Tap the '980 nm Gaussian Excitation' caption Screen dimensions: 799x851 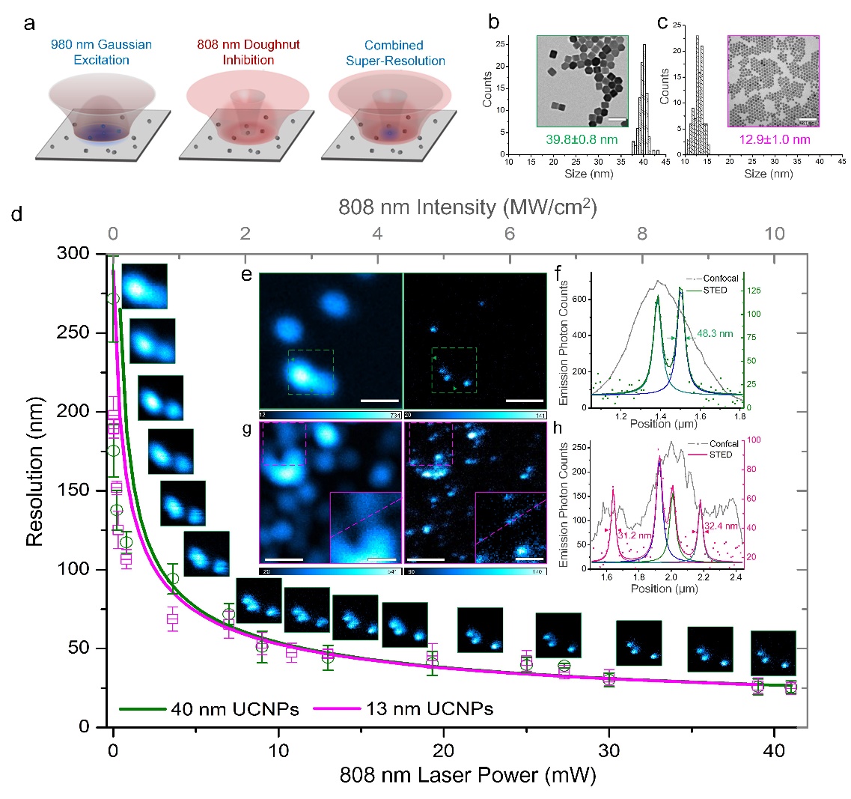click(101, 52)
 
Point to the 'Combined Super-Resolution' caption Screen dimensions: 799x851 click(395, 52)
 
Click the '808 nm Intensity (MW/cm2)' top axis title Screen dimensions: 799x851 click(467, 207)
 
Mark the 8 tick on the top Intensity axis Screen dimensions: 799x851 click(642, 234)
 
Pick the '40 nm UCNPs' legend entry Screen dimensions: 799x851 click(234, 708)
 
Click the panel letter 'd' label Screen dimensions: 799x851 click(17, 214)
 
